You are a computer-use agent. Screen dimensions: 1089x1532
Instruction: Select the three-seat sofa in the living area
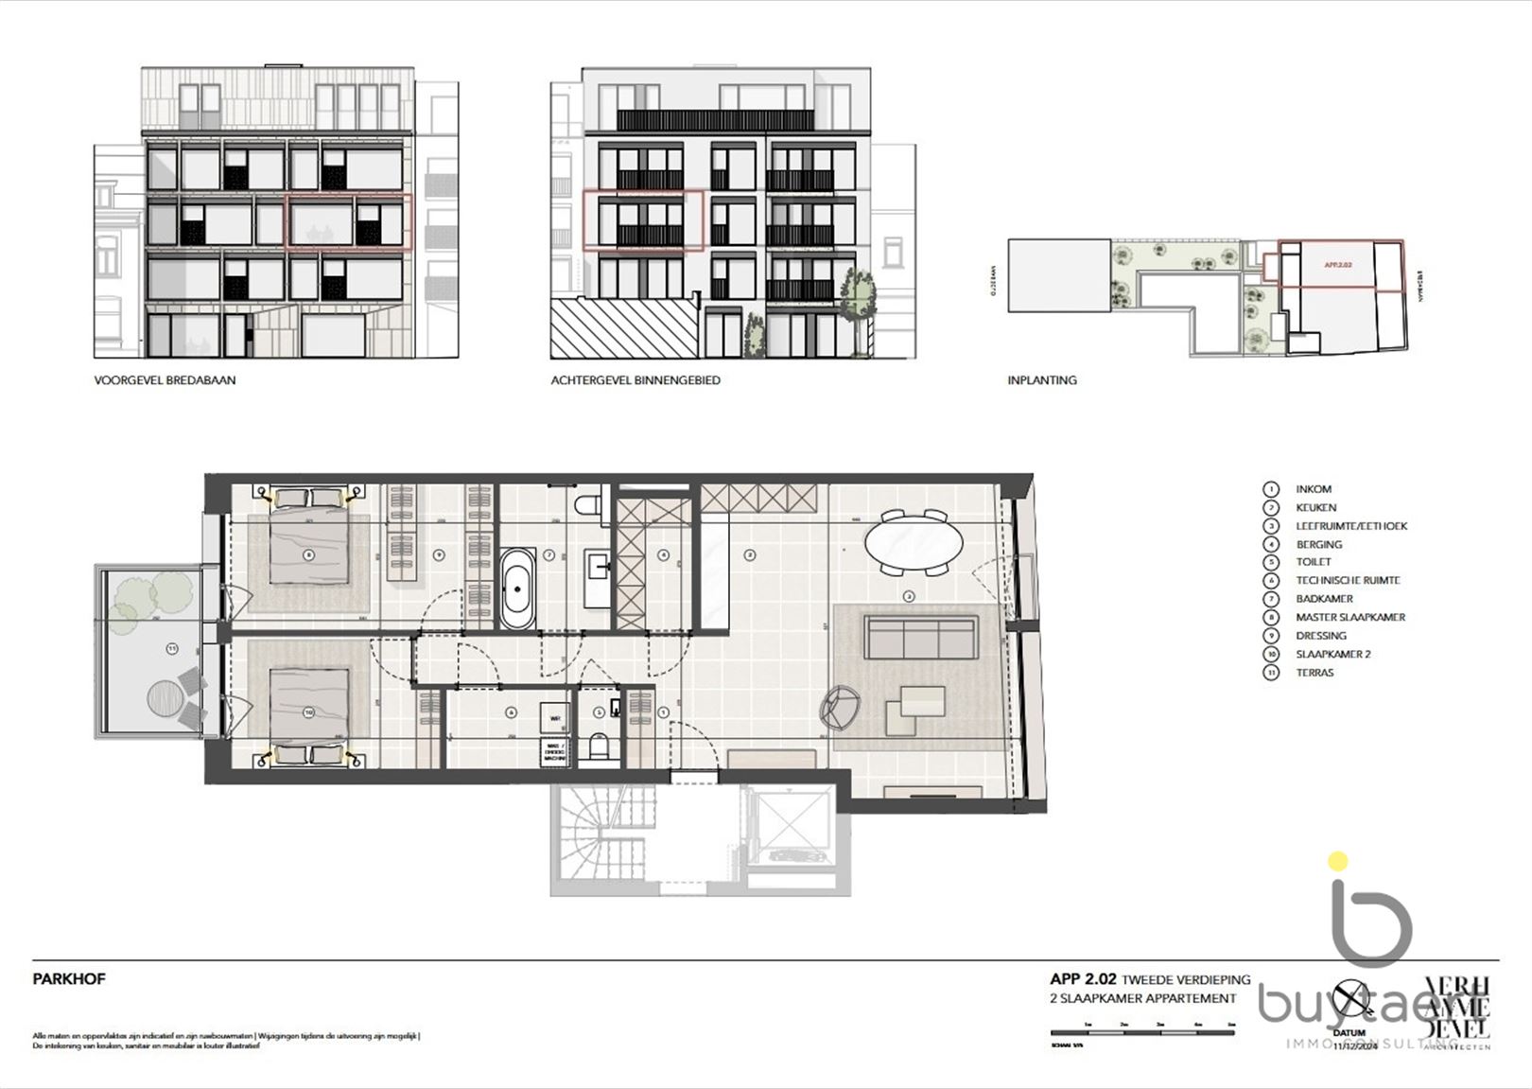(x=920, y=637)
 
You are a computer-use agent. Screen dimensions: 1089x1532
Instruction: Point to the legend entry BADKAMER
(x=1324, y=599)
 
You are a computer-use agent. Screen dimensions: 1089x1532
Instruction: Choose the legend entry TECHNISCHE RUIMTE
(x=1347, y=580)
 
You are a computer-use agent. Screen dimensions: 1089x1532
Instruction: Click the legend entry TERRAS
(x=1314, y=673)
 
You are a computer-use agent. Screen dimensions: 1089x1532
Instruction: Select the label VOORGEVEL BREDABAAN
(x=165, y=380)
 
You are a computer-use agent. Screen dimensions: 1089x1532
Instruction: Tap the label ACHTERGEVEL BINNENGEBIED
(x=635, y=380)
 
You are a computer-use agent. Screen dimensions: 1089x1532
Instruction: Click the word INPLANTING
(x=1042, y=380)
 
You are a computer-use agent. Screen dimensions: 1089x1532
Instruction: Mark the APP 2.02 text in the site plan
(x=1337, y=265)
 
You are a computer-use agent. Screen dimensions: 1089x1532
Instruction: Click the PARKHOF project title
(x=69, y=979)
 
